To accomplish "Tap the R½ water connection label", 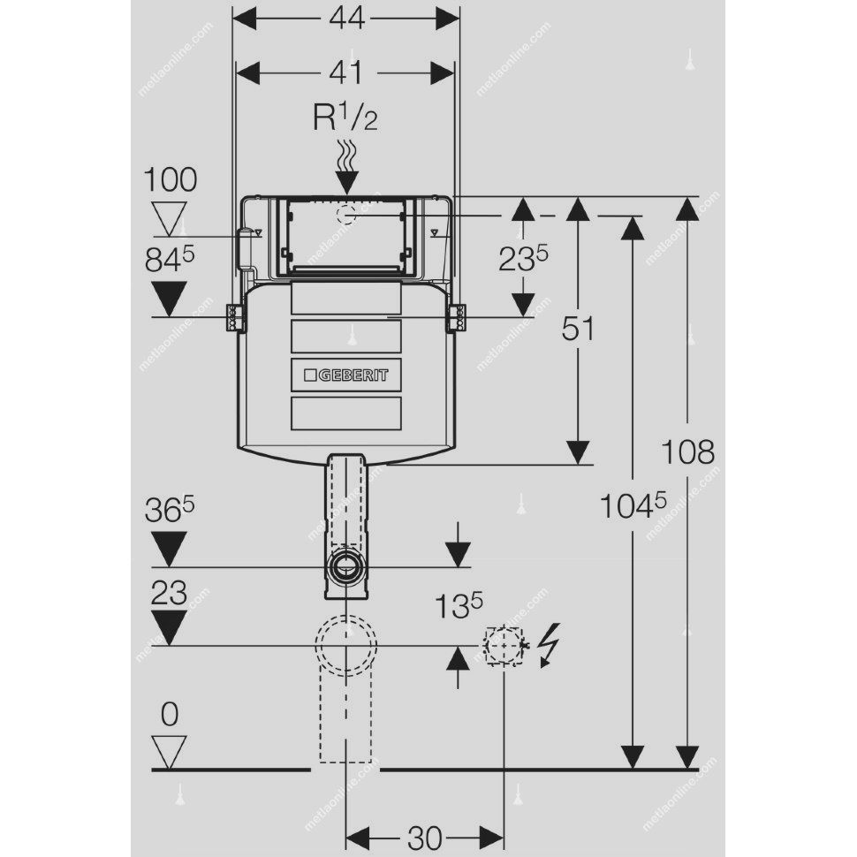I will [x=346, y=118].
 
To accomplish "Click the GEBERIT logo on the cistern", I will [x=346, y=375].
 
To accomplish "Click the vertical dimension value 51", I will [x=579, y=330].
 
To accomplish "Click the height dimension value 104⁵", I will [x=632, y=506].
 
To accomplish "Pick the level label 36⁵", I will [x=171, y=513].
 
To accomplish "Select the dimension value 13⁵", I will [x=459, y=606].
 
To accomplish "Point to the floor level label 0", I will [x=170, y=713].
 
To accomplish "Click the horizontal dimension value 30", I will [x=425, y=837].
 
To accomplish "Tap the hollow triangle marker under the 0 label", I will [x=170, y=751].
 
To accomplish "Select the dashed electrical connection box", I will [x=504, y=646].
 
